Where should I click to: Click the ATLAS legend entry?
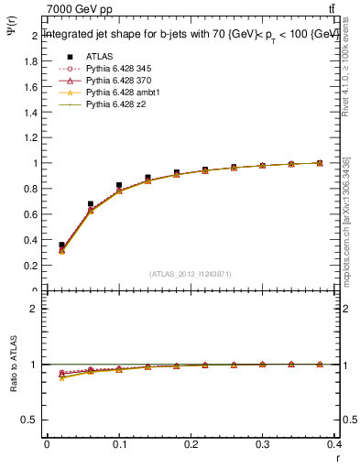pos(98,57)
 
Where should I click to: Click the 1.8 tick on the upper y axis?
pos(33,61)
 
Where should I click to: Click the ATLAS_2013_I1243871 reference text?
pos(191,274)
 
